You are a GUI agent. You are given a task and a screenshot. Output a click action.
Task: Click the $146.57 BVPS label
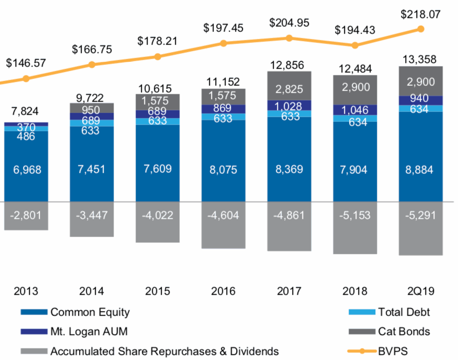pyautogui.click(x=26, y=63)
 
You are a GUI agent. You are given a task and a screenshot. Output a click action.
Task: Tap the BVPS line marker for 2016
pyautogui.click(x=224, y=43)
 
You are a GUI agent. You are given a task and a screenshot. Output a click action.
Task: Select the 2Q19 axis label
pyautogui.click(x=421, y=291)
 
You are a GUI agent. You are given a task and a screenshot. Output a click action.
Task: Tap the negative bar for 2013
pyautogui.click(x=26, y=216)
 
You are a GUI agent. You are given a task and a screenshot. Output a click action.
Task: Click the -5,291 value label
pyautogui.click(x=421, y=216)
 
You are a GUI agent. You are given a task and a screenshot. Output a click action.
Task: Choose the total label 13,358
pyautogui.click(x=421, y=59)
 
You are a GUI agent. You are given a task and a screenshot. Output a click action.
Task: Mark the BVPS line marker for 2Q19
pyautogui.click(x=421, y=29)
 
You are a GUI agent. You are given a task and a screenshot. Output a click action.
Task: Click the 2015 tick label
pyautogui.click(x=158, y=291)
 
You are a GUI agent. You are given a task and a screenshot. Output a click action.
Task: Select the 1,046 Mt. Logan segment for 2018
pyautogui.click(x=355, y=110)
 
